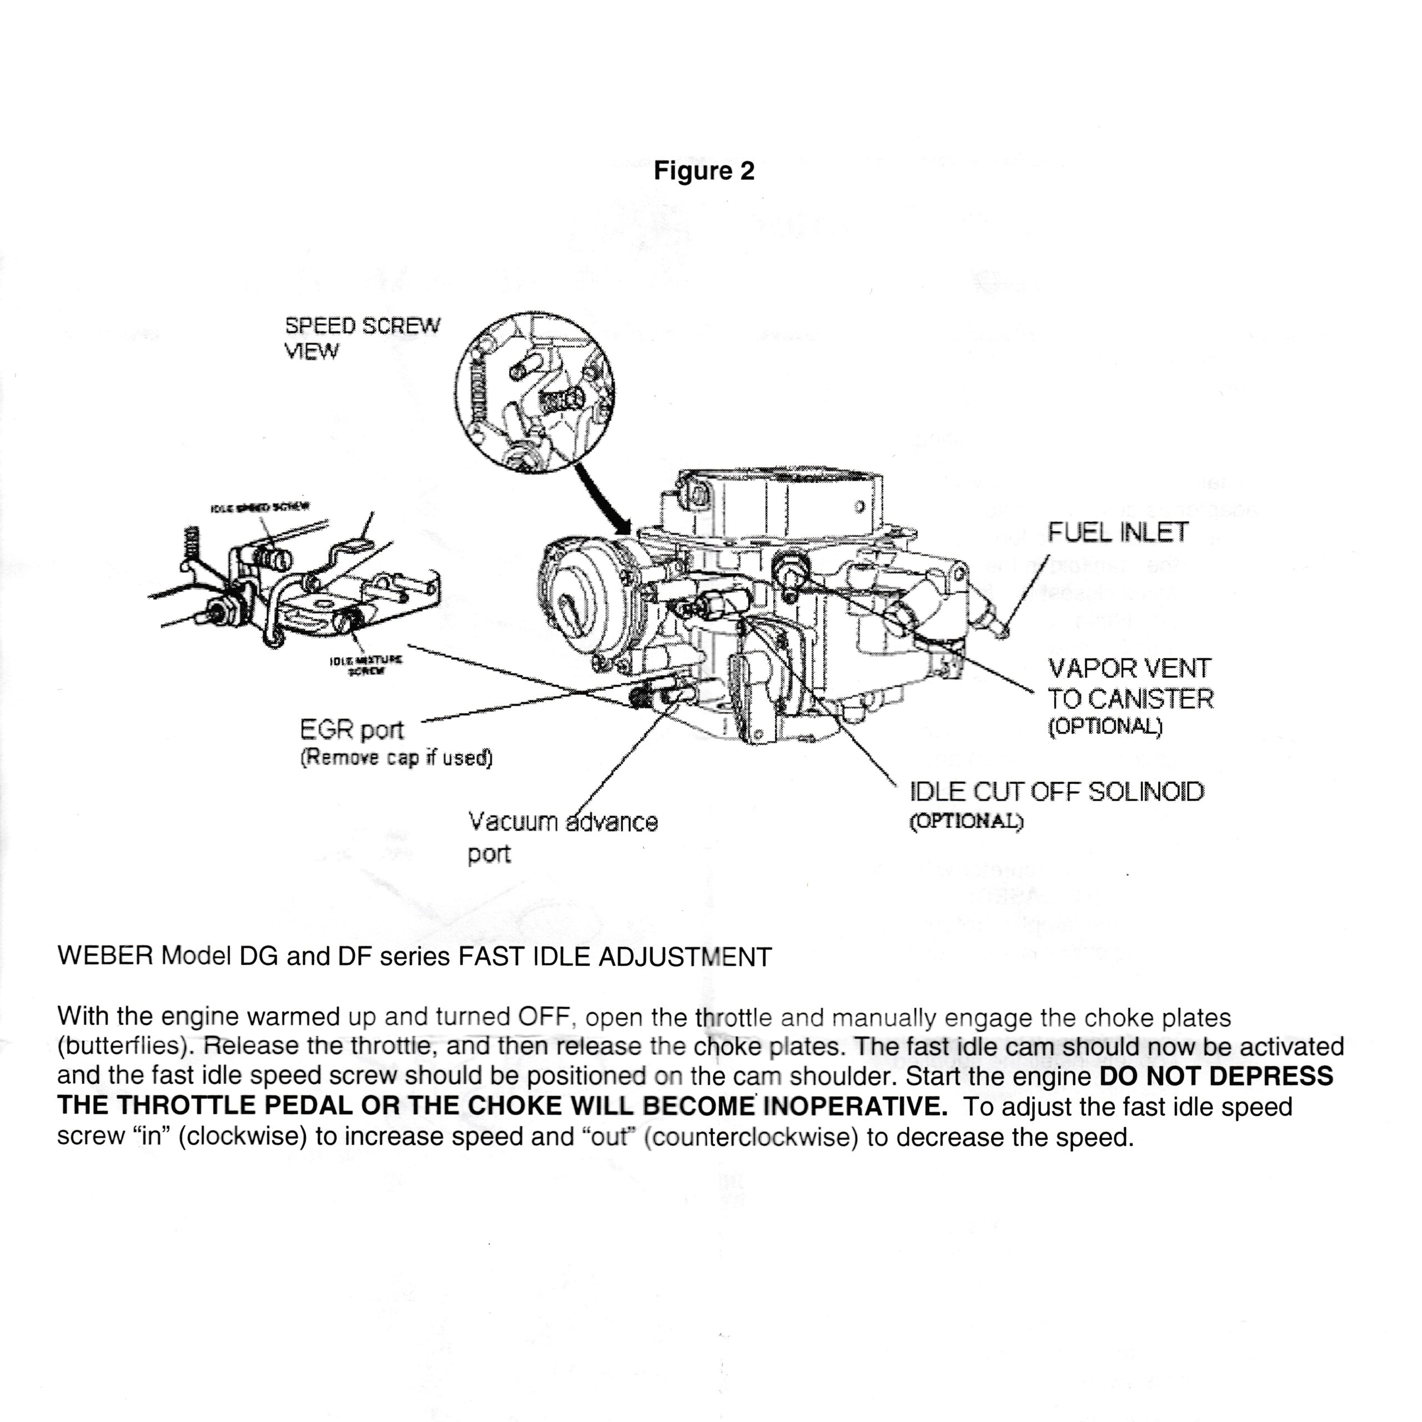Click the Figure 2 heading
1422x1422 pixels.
(x=704, y=171)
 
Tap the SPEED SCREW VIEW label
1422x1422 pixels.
(x=362, y=338)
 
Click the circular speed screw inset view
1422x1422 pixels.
(x=534, y=392)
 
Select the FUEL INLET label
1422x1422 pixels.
(x=1117, y=532)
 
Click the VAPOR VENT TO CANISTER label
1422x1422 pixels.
(x=1129, y=684)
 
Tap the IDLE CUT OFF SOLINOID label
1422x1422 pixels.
(x=1057, y=792)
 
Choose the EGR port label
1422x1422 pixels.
(x=352, y=729)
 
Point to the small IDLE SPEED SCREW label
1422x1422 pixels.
(x=260, y=507)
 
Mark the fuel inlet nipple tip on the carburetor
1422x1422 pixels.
(x=1001, y=632)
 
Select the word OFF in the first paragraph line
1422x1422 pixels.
(x=543, y=1017)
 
